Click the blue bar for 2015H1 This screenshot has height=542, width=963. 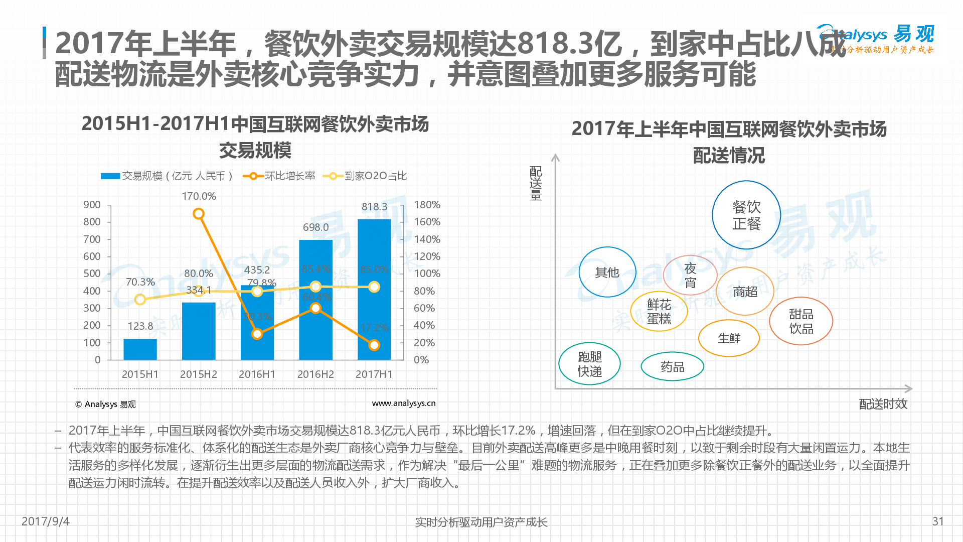coord(140,349)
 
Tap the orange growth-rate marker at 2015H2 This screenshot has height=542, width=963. coord(199,214)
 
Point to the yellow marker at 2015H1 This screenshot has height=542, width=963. coord(140,300)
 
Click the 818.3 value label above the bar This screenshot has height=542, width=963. coord(374,207)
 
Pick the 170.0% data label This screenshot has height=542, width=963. coord(199,196)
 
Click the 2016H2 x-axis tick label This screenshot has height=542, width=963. coord(315,374)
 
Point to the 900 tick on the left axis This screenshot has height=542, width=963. coord(92,205)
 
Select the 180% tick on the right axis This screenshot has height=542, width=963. coord(427,205)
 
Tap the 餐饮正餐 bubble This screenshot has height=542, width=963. coord(746,215)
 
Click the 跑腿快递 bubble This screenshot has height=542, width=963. coord(589,364)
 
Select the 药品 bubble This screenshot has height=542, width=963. coord(672,367)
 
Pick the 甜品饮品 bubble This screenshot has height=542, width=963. coord(801,321)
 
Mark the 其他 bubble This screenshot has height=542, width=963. coord(607,273)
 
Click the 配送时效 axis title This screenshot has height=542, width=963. coord(883,404)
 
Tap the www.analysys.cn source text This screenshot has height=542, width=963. coord(403,403)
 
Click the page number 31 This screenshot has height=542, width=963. coord(938,521)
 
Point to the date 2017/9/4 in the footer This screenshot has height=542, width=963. coord(46,521)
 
